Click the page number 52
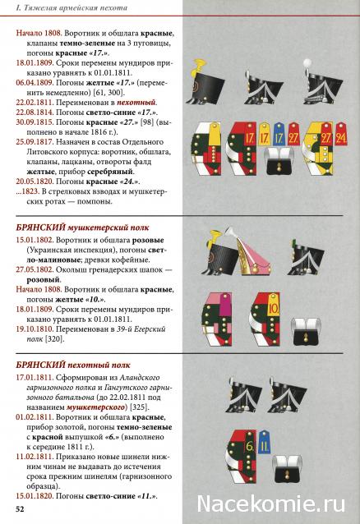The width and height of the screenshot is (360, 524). coord(20,511)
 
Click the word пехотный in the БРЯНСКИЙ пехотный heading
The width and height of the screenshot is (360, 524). coord(91,365)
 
